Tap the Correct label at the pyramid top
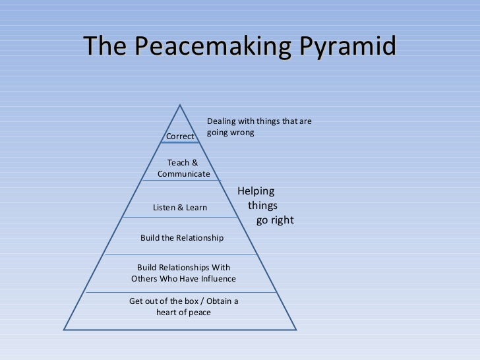pos(180,136)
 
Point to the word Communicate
pos(183,174)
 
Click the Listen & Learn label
pos(180,208)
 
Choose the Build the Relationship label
pos(182,238)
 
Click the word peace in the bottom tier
pos(199,313)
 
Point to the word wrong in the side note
pos(241,133)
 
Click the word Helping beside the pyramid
pos(256,192)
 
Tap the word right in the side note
pos(282,220)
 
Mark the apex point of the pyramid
pos(179,104)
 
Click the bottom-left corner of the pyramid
pos(63,329)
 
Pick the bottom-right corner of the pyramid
pos(297,329)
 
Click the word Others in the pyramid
pos(144,279)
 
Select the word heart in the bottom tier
pos(167,313)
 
